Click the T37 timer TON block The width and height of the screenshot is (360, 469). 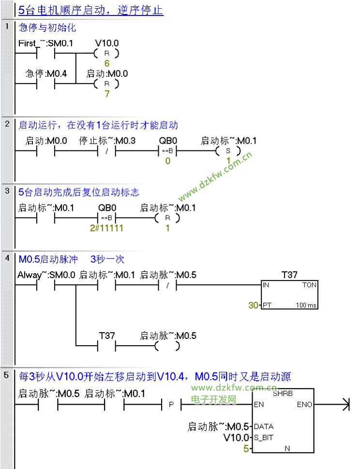289,294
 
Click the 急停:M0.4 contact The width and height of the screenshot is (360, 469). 46,84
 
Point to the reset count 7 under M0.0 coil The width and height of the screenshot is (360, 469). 107,94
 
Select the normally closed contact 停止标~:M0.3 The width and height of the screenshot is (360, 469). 106,151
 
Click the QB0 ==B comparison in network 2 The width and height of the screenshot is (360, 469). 167,151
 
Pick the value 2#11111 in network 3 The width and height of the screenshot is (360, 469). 106,228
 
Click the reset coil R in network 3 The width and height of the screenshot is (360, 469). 167,219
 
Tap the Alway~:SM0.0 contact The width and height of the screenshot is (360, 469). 46,285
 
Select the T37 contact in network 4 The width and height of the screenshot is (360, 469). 107,346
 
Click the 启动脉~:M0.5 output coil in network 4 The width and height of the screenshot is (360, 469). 167,346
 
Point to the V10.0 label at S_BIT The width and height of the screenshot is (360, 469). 236,438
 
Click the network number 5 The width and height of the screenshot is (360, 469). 7,375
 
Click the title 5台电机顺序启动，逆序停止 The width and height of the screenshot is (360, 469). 90,10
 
